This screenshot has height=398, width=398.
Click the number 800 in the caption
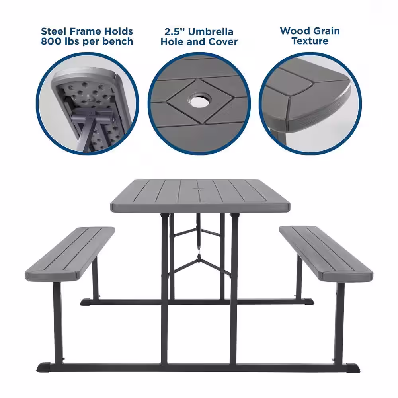52,41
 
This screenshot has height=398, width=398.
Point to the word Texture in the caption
310,41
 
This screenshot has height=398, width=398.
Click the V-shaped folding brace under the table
198,261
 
